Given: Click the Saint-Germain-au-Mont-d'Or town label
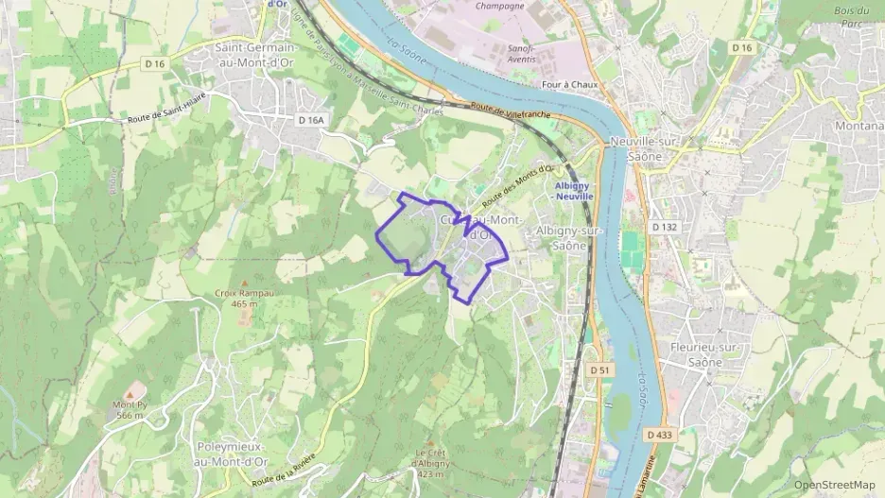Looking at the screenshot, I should point(256,56).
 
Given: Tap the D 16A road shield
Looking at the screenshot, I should point(310,120).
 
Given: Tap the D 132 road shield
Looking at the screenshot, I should point(666,227).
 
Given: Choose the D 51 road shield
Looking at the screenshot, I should point(595,369).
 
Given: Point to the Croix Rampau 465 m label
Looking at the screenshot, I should point(244,299).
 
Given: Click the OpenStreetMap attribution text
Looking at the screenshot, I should point(834,485).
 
